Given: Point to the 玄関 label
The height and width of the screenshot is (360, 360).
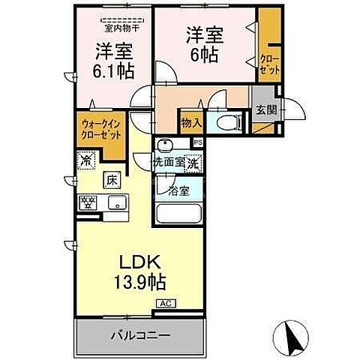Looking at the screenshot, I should pos(265,110).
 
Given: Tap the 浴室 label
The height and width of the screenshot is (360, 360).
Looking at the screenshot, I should pos(178,190).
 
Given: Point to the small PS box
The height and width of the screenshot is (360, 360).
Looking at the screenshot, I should pos(198,142).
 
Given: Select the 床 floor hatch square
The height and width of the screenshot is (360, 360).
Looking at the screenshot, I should pos(110,179).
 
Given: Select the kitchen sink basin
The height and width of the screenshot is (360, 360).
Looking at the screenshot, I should pos(116,201).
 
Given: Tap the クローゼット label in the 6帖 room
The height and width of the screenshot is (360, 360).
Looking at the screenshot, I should pos(269,64).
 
